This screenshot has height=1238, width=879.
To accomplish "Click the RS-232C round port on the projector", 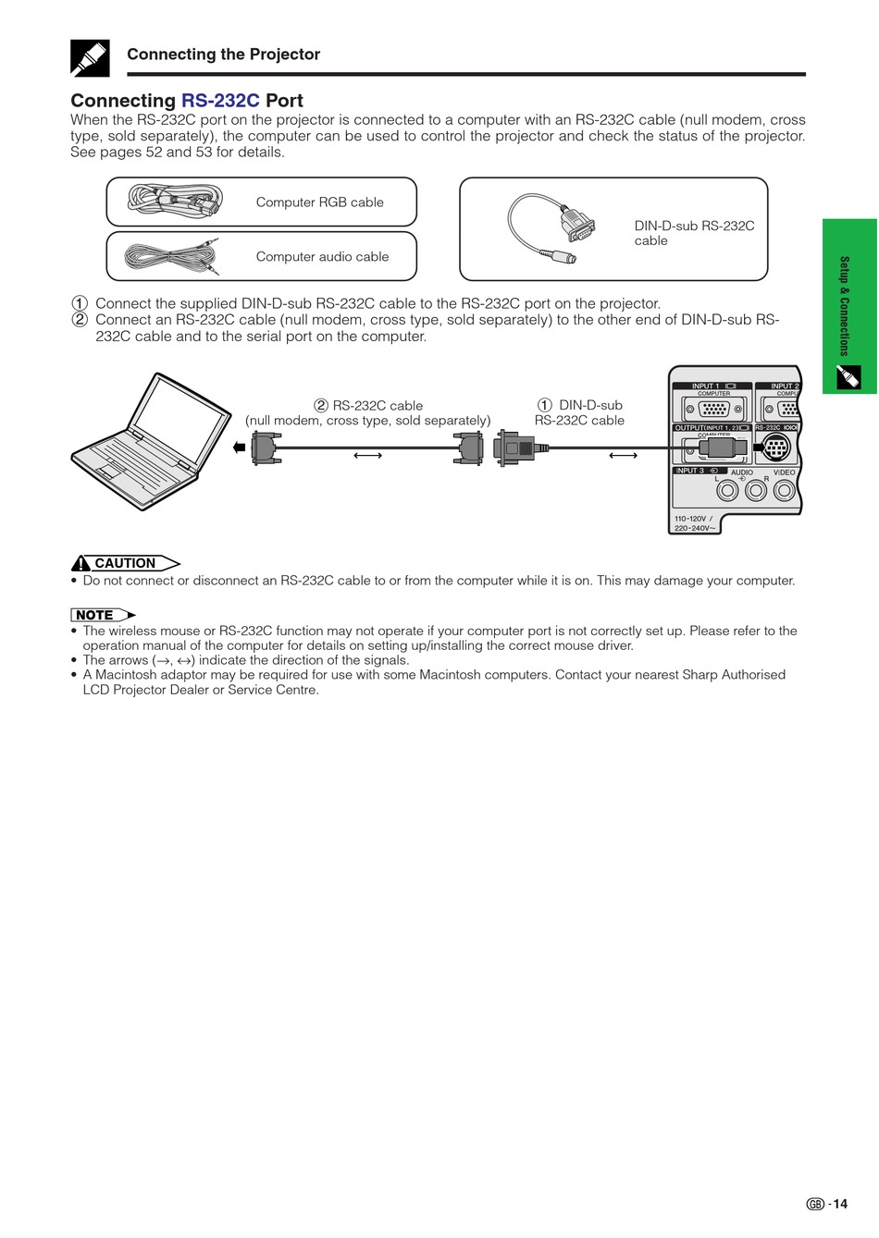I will pos(775,450).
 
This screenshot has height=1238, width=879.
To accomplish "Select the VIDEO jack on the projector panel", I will pos(785,490).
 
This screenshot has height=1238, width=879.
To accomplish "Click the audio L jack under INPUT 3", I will pos(728,490).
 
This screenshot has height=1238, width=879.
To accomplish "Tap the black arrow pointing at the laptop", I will pos(239,448).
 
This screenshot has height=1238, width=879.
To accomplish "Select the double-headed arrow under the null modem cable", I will pos(367,455).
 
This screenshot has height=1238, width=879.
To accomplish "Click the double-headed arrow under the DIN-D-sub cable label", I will pos(623,455).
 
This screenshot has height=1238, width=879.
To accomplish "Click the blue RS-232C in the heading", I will pos(220,101).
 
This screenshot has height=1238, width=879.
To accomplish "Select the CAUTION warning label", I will pos(125,563).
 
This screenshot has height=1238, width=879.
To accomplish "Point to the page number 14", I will pos(838,1204).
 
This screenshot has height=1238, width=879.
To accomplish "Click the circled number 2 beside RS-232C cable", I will pos(321,406).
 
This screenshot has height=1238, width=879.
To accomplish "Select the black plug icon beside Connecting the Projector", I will pos(90,58).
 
